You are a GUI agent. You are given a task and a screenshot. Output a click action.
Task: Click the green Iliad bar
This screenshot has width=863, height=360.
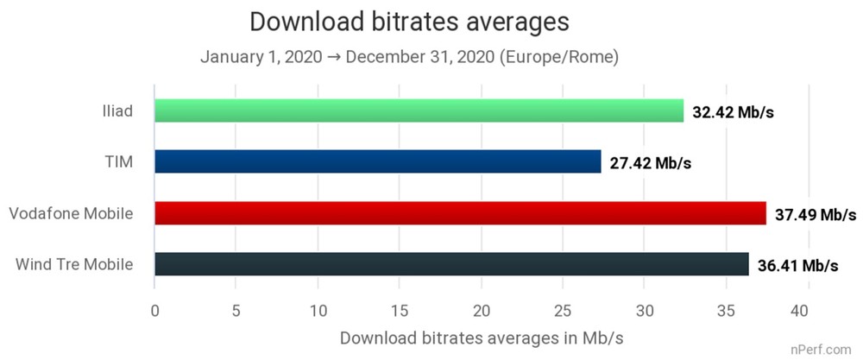coord(419,111)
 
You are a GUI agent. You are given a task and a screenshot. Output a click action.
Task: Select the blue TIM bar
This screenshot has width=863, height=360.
coord(377,161)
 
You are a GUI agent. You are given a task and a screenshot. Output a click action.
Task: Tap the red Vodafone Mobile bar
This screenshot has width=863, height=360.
coord(460,212)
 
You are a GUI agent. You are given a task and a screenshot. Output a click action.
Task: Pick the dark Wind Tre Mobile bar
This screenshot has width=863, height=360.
coord(451,263)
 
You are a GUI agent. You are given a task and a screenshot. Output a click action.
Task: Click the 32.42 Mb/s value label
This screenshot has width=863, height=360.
coord(734,112)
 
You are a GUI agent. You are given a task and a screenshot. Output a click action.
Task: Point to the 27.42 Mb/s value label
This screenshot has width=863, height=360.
coord(651,163)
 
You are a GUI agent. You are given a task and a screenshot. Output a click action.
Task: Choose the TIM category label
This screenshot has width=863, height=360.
coord(119,161)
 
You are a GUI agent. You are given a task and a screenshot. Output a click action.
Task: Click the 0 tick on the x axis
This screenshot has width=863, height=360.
coord(154,311)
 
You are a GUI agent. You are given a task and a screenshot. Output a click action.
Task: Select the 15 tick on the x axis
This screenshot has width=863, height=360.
coord(400,311)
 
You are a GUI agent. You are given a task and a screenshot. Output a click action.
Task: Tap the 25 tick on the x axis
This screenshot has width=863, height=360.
coord(563,311)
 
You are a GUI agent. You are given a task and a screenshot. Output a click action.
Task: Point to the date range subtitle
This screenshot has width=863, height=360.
coord(410,58)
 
